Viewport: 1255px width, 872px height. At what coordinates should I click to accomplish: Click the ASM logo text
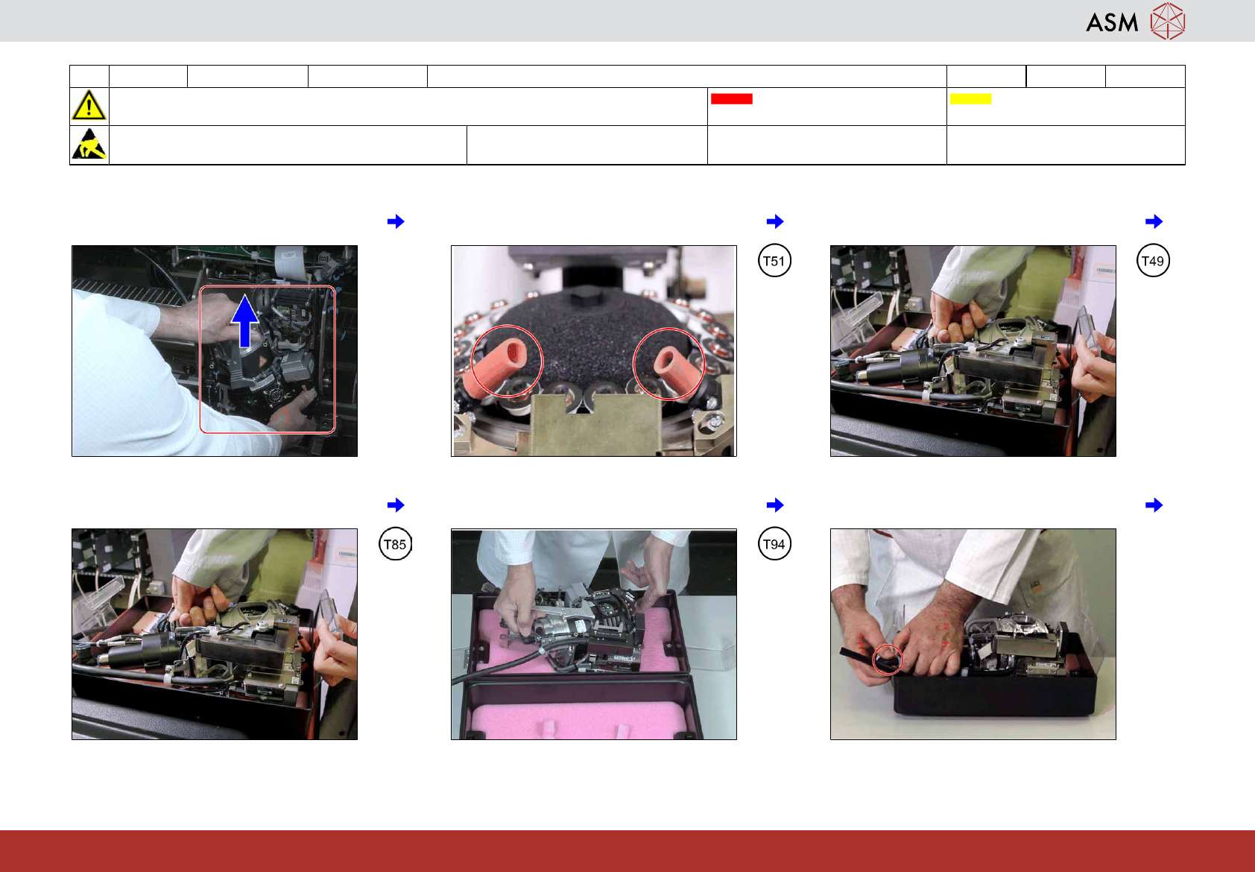(x=1112, y=22)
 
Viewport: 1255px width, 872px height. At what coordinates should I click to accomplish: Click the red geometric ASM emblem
(x=1168, y=21)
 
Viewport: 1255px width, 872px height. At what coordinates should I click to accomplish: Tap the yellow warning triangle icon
(x=89, y=105)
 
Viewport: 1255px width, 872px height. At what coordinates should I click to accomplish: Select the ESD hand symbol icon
(x=89, y=144)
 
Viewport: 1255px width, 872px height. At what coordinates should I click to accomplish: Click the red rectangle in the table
(x=731, y=98)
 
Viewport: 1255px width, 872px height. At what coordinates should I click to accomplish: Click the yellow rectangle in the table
(x=970, y=98)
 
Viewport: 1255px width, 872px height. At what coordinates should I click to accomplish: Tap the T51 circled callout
(x=774, y=261)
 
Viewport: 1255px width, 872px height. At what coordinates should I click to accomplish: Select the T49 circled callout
(x=1153, y=261)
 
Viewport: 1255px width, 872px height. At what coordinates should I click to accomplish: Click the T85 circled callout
(x=395, y=544)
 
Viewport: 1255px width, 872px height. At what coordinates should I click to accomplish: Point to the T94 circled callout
(x=774, y=544)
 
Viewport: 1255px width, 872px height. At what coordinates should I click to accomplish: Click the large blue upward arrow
(x=245, y=321)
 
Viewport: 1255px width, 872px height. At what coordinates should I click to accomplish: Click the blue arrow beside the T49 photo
(x=1154, y=221)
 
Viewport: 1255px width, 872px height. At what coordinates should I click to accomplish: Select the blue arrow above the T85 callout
(x=395, y=505)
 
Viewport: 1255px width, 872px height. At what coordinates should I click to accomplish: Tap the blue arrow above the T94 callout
(x=774, y=505)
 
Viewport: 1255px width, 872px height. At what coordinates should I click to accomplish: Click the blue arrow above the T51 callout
(x=774, y=221)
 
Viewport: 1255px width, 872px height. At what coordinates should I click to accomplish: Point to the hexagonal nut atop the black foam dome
(x=588, y=295)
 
